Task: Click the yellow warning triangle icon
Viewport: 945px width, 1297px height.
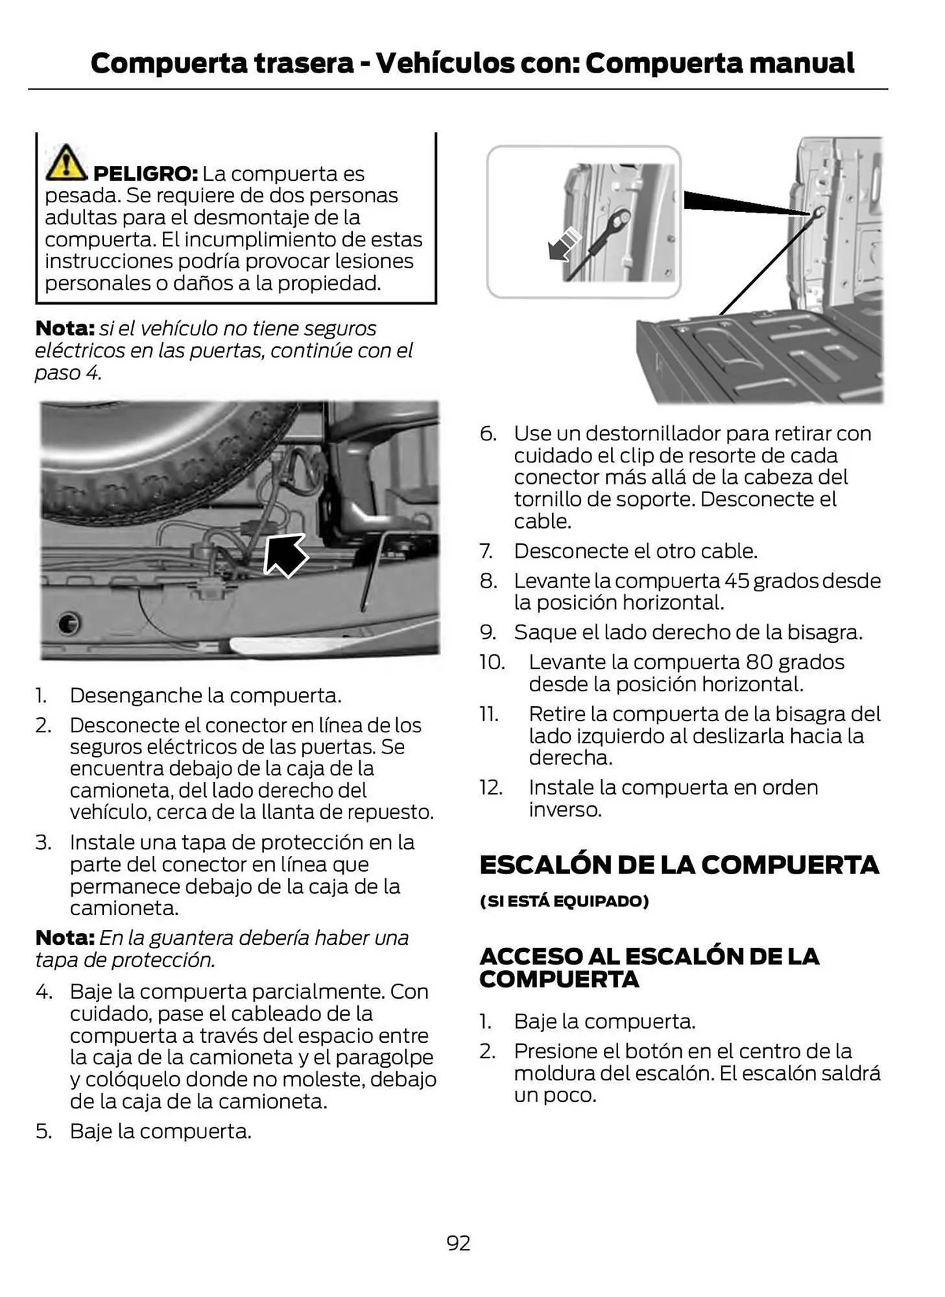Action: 65,163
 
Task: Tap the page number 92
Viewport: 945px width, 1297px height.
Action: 458,1243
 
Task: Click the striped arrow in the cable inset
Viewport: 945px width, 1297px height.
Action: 563,244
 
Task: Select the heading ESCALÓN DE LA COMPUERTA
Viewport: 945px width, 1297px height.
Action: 678,864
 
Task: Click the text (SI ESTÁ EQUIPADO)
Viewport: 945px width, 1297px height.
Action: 564,901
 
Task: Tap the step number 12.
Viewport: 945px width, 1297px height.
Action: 491,787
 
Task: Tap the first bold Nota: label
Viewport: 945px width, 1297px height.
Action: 65,329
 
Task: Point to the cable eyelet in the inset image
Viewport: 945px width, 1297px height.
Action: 621,218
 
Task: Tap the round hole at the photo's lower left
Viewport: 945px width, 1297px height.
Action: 67,623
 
